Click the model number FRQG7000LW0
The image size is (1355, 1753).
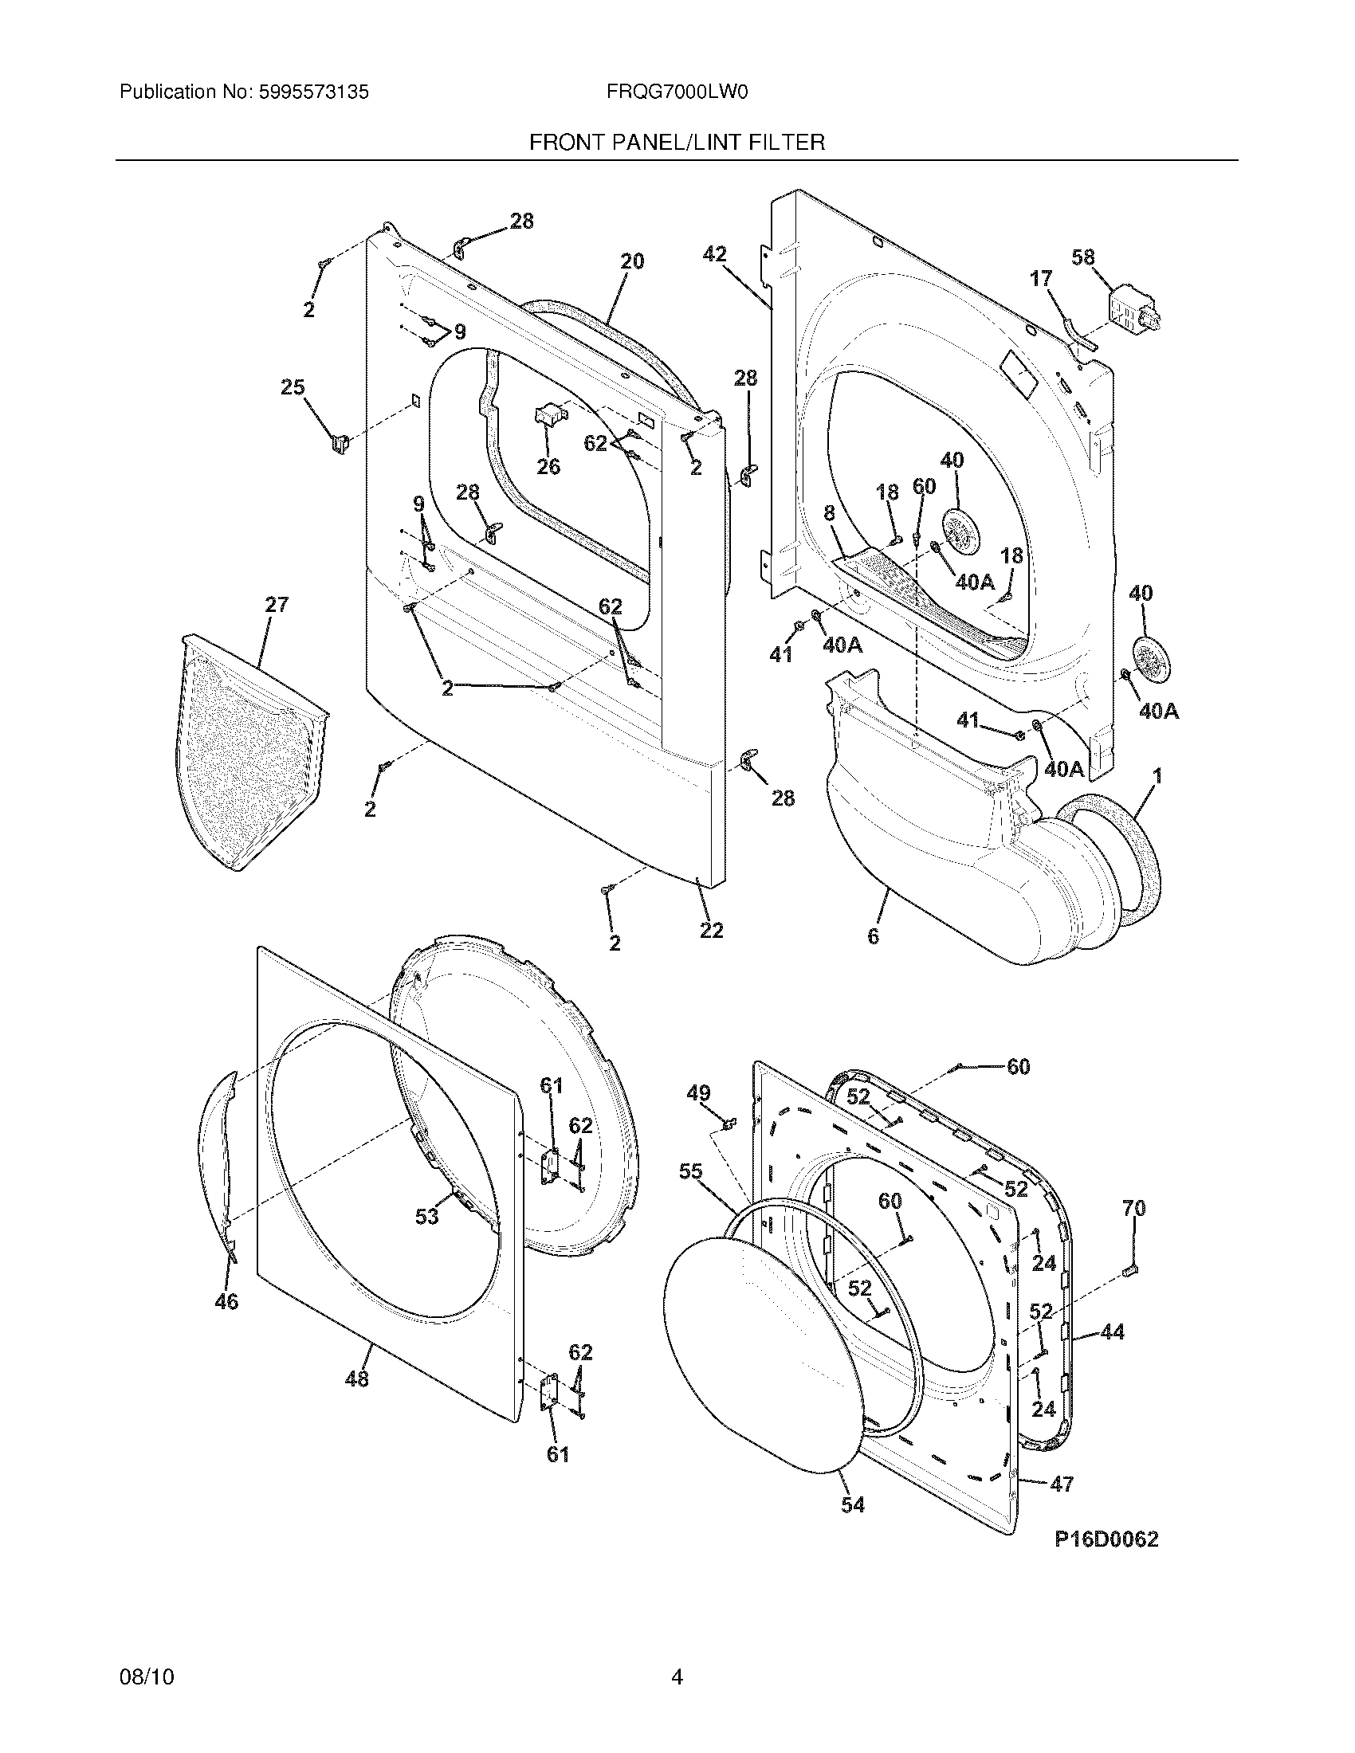(x=677, y=92)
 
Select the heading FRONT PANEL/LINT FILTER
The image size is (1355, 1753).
(x=677, y=143)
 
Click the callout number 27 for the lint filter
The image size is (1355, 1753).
(x=276, y=605)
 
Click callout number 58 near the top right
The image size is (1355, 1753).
(x=1083, y=257)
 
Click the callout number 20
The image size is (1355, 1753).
(x=633, y=261)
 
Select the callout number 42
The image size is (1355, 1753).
(x=714, y=254)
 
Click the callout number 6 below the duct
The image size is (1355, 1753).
(x=873, y=935)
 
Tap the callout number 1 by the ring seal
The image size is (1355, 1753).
(x=1157, y=776)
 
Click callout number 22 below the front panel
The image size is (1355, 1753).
(x=711, y=930)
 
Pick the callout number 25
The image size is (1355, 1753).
(x=293, y=388)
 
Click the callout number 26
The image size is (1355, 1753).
(x=548, y=466)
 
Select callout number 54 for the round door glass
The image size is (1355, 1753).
(x=853, y=1505)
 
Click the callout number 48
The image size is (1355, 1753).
(x=356, y=1378)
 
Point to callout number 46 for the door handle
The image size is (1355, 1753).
(x=226, y=1301)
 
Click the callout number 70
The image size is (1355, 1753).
(x=1133, y=1208)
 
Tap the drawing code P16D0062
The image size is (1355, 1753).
(x=1106, y=1539)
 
